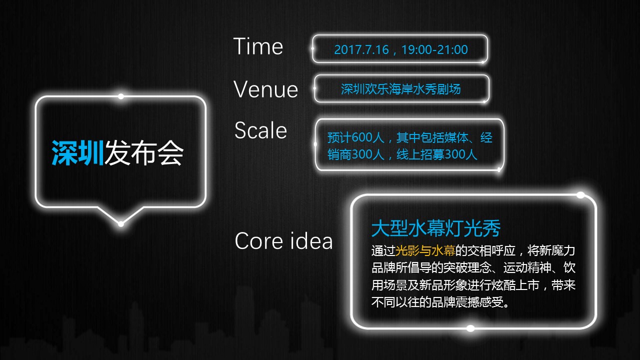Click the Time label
(258, 46)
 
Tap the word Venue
(265, 89)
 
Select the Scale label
(260, 130)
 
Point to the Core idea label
(283, 240)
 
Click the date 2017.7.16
(361, 49)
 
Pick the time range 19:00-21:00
(434, 49)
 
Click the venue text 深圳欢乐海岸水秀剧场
(401, 89)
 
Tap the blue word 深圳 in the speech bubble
(77, 153)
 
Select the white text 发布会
(143, 153)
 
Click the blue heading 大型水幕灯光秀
(436, 228)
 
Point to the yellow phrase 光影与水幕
(425, 250)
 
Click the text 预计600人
(355, 137)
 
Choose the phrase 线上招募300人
(437, 154)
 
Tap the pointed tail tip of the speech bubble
(121, 223)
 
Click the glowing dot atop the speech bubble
(121, 96)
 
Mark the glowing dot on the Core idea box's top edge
(580, 195)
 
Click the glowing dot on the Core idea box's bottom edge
(470, 328)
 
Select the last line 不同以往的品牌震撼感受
(440, 302)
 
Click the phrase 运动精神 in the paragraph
(527, 267)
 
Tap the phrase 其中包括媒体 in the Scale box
(432, 137)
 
